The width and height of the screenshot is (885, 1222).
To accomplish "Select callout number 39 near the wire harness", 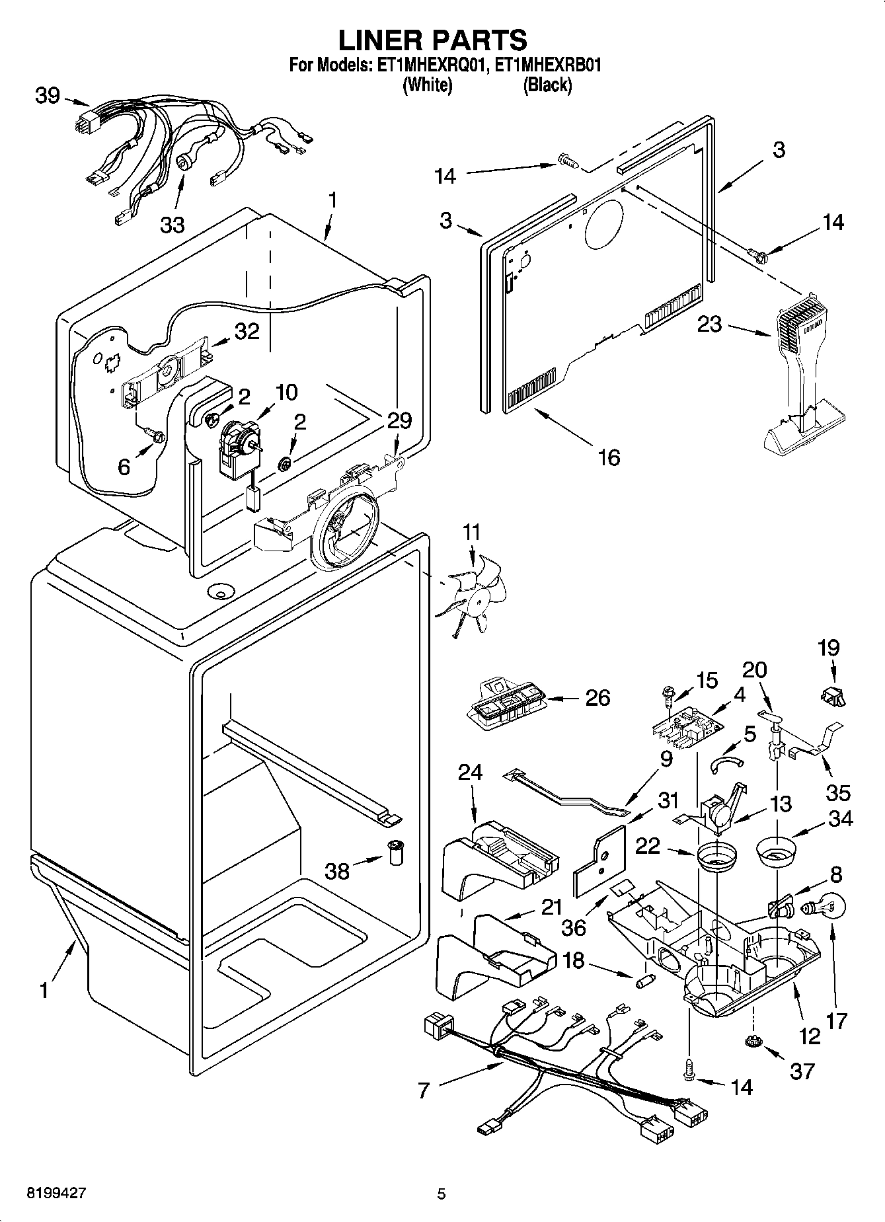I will [x=48, y=96].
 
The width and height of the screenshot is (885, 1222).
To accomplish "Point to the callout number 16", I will [x=609, y=456].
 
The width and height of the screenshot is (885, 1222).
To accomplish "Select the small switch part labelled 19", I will [x=832, y=695].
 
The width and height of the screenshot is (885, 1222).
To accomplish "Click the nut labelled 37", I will [x=752, y=1042].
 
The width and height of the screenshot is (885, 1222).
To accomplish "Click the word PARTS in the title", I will [x=479, y=40].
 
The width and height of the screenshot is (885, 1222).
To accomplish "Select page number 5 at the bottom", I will [x=442, y=1194].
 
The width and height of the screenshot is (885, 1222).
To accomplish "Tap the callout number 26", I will [x=597, y=698].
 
